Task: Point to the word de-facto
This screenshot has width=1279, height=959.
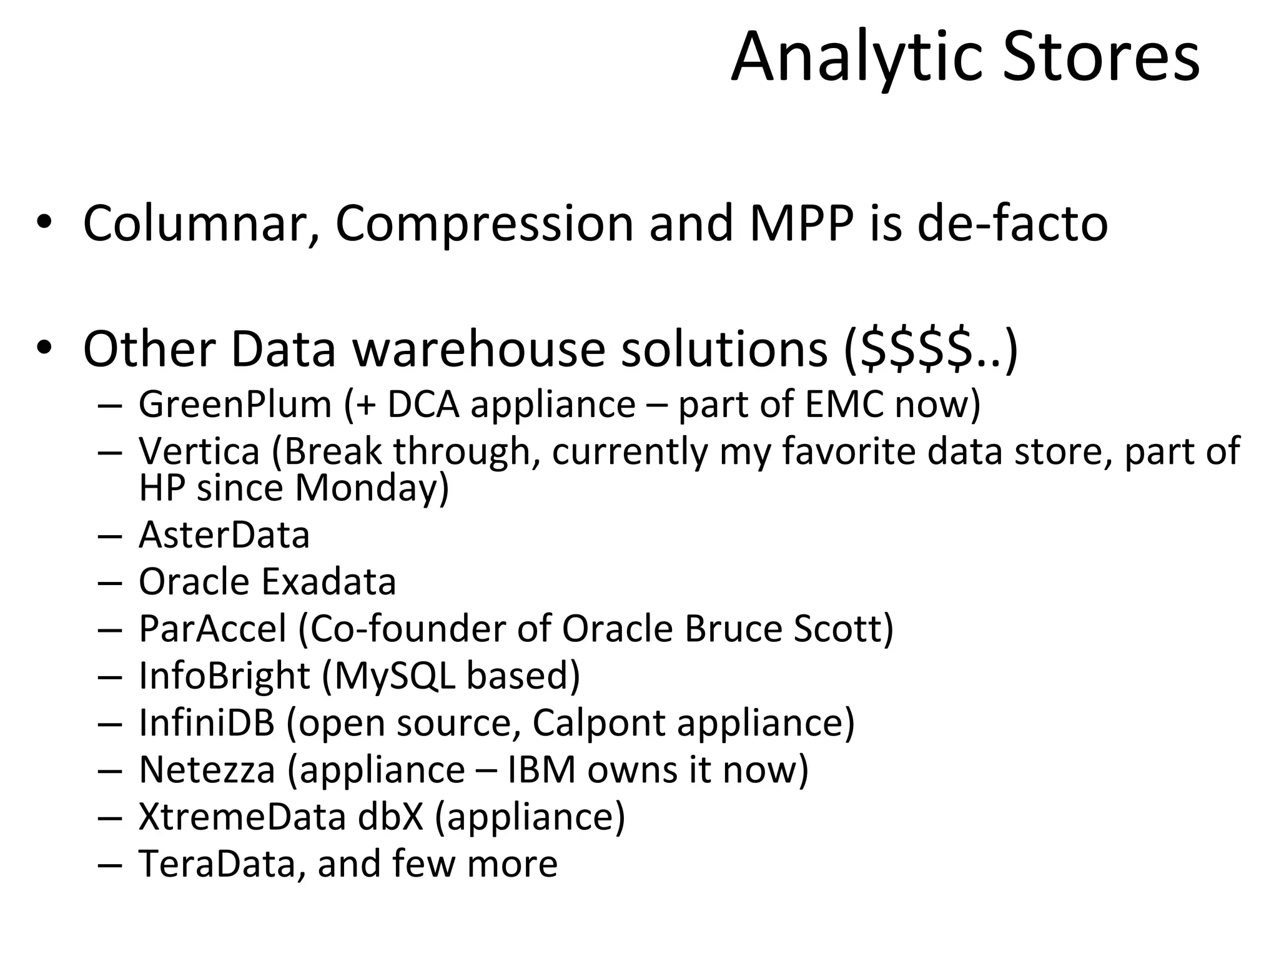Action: click(x=1012, y=224)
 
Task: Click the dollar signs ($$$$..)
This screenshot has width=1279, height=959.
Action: click(x=931, y=350)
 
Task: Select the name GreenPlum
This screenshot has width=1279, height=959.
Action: click(x=235, y=405)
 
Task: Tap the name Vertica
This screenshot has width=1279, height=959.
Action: click(x=199, y=451)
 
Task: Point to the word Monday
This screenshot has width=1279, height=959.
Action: click(x=371, y=488)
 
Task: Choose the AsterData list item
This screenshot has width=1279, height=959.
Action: click(x=224, y=535)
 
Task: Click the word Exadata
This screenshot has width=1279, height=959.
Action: click(x=328, y=582)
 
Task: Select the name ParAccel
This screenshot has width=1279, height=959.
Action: click(x=212, y=629)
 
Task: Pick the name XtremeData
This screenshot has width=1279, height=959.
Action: click(x=242, y=817)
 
